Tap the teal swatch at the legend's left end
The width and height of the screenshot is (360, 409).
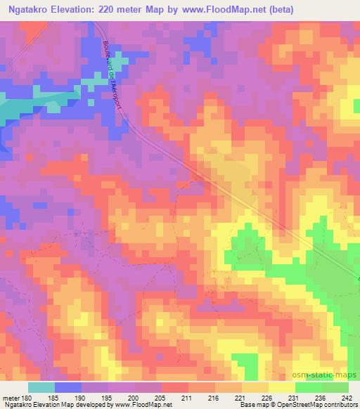41,388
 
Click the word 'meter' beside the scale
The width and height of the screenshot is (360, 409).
11,398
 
